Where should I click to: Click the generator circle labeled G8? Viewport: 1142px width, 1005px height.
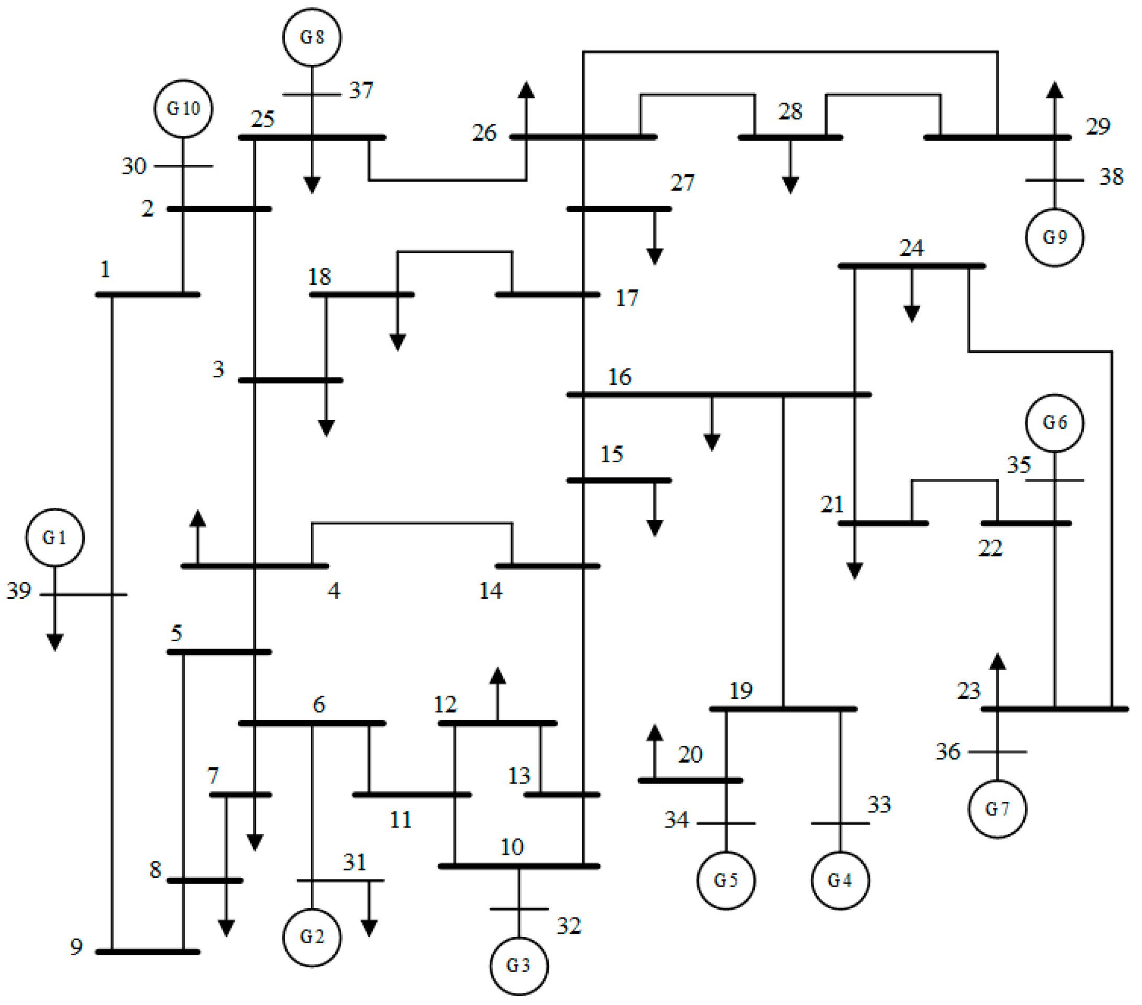point(312,37)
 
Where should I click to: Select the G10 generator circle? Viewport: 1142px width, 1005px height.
point(183,108)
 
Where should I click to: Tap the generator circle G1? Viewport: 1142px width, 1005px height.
point(55,537)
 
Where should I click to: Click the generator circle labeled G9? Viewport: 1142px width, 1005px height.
point(1054,237)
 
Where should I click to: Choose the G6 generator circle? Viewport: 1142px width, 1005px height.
point(1054,422)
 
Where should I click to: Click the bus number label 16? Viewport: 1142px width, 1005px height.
point(619,377)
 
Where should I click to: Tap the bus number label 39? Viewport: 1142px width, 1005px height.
point(18,590)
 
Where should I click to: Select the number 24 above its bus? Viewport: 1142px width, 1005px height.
point(911,248)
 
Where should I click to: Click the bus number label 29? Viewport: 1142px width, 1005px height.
point(1098,127)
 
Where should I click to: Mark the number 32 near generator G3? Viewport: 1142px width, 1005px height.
point(569,925)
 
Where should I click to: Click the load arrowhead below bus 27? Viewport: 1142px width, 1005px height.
point(654,256)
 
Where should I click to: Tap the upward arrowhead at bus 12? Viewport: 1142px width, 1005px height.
point(497,676)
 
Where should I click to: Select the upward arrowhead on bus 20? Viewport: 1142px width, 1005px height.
point(654,733)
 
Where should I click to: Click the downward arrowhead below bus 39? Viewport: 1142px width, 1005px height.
point(55,642)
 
